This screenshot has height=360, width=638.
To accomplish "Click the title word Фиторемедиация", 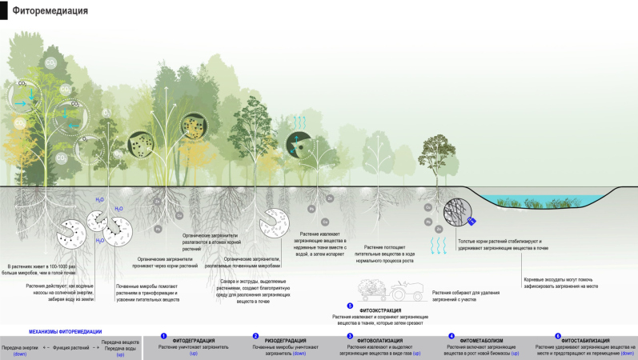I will pyautogui.click(x=50, y=11).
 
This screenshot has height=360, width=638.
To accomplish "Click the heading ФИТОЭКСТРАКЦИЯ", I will pyautogui.click(x=380, y=310).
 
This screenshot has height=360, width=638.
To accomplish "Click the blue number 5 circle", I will pyautogui.click(x=350, y=306).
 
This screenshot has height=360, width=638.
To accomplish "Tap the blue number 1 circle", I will pyautogui.click(x=163, y=337).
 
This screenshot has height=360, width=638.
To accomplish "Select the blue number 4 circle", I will pyautogui.click(x=451, y=337).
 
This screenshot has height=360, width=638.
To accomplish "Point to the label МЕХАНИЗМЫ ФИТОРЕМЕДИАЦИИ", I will pyautogui.click(x=66, y=330).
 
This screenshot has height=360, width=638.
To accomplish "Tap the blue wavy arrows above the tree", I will pyautogui.click(x=299, y=121).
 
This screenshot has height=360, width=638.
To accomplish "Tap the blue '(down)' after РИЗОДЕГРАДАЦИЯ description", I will pyautogui.click(x=299, y=353).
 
